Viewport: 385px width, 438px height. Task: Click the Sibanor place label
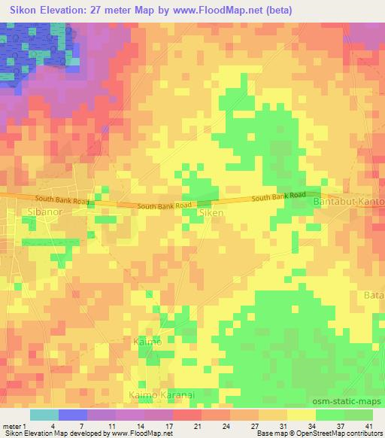click(44, 213)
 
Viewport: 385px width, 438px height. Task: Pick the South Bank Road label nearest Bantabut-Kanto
click(279, 196)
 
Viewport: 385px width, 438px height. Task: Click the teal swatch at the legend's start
click(44, 415)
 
